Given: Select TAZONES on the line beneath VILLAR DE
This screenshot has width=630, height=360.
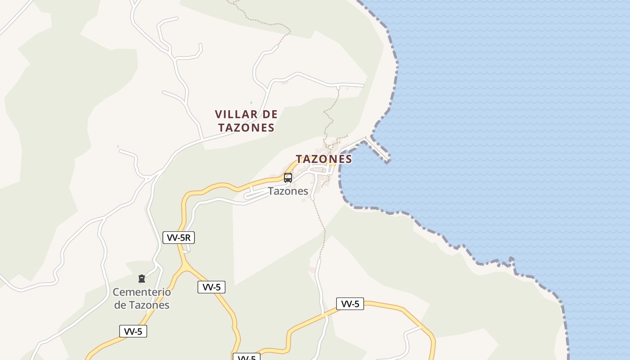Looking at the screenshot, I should (247, 128).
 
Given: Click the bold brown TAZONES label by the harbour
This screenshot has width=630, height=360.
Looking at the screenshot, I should (324, 159).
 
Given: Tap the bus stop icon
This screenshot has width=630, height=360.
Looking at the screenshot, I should (288, 178).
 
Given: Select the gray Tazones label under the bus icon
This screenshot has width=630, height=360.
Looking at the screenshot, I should (288, 191).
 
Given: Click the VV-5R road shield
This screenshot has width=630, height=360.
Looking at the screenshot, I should (179, 238).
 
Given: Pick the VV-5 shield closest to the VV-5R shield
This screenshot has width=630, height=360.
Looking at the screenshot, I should (211, 287).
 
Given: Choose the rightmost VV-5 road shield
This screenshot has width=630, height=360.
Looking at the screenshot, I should (350, 304).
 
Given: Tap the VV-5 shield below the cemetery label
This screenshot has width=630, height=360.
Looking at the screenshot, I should (133, 332).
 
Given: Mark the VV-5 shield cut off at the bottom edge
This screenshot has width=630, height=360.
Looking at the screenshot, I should (247, 357).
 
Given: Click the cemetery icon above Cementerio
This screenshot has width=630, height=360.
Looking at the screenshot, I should (142, 279).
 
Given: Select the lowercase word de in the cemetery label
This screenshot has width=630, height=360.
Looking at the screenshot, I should (120, 305).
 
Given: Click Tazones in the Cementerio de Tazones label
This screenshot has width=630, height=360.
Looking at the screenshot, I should (149, 305).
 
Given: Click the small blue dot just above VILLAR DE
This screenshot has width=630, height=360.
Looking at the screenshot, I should (251, 103).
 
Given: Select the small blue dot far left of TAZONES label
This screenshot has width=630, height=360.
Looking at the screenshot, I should (118, 146).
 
